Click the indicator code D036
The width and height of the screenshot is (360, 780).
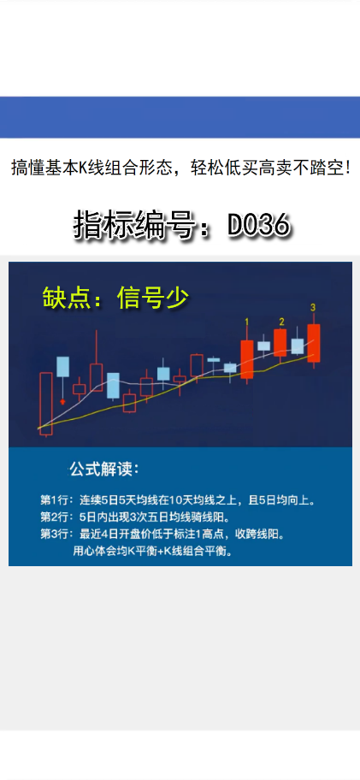(259, 225)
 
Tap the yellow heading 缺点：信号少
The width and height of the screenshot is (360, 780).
(115, 297)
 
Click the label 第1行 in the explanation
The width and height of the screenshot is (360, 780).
(57, 499)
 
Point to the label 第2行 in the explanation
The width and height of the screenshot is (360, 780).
(57, 517)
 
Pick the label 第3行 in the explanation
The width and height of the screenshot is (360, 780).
(57, 534)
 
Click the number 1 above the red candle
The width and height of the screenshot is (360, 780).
(247, 322)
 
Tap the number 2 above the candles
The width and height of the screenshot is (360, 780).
(281, 321)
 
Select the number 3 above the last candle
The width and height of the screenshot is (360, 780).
(314, 307)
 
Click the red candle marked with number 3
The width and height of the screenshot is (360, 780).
(314, 342)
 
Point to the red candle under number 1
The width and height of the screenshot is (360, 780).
(247, 359)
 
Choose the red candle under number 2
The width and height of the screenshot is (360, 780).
(280, 342)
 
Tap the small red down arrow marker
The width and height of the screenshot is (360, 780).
(62, 400)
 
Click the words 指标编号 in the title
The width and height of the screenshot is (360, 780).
(137, 225)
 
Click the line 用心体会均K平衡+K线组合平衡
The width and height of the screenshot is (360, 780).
(151, 551)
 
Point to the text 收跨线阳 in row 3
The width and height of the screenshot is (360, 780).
(262, 534)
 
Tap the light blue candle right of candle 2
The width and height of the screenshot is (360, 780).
(298, 346)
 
